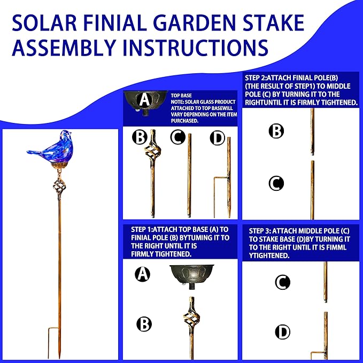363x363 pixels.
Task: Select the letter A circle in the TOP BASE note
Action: (x=144, y=100)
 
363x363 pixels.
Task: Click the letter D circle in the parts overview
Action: (x=217, y=138)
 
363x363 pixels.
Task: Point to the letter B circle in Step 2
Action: (x=276, y=131)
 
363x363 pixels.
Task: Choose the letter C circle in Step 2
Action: (x=276, y=184)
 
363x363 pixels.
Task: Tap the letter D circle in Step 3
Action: (x=282, y=331)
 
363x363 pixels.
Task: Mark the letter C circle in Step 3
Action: (x=282, y=282)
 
